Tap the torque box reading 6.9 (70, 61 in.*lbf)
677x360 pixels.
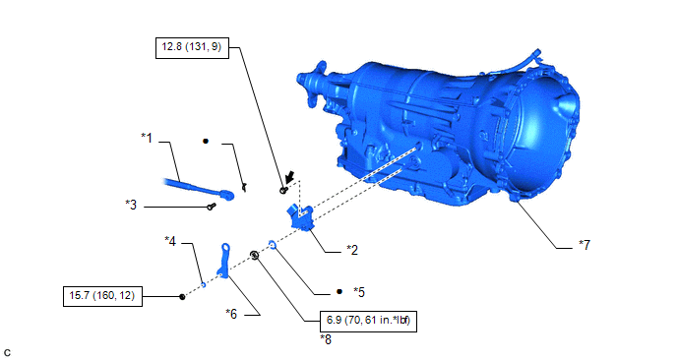coord(368,321)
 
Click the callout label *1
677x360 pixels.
coord(147,138)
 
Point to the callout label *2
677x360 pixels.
coord(352,250)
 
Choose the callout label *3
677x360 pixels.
coord(131,205)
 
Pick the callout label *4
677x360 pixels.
coord(170,241)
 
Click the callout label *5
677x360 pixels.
coord(359,292)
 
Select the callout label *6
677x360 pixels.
coord(231,314)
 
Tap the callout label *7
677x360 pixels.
coord(585,245)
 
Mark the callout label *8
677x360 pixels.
coord(326,339)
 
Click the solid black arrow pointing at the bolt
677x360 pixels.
coord(289,176)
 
